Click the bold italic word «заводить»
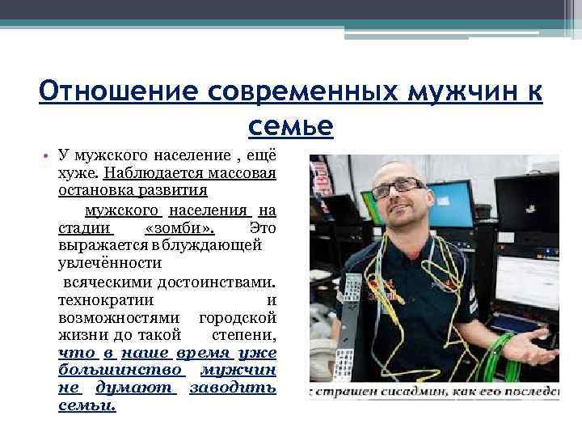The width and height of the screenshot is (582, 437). pos(233,388)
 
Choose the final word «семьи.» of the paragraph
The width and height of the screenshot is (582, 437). pos(87,405)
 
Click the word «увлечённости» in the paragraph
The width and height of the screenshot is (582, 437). pos(110,263)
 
